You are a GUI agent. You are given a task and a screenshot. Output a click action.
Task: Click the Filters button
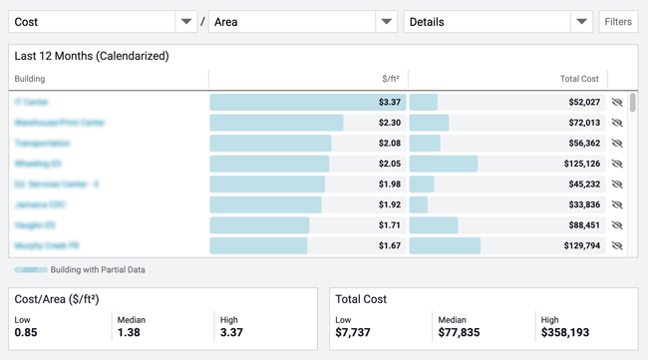click(x=618, y=21)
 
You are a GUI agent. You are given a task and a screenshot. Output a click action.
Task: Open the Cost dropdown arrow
click(x=185, y=21)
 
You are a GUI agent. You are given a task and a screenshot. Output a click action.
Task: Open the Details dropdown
click(x=498, y=21)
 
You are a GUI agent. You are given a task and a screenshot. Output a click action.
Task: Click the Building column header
click(x=30, y=79)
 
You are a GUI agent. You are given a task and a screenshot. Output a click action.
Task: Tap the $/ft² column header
click(x=391, y=79)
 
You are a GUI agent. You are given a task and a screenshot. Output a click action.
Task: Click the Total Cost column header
click(x=578, y=79)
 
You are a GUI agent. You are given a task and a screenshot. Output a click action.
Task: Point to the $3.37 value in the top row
click(x=390, y=103)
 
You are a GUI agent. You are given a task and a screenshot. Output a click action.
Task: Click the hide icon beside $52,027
click(x=617, y=103)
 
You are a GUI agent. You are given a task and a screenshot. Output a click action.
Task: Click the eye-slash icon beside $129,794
click(x=617, y=245)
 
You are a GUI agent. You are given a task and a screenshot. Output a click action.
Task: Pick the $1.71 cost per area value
click(x=390, y=225)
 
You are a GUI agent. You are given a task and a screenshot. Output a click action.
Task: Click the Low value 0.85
click(x=26, y=332)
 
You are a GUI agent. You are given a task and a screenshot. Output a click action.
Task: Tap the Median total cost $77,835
click(x=462, y=332)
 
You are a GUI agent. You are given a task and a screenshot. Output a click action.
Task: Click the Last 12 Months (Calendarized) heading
click(x=92, y=56)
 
